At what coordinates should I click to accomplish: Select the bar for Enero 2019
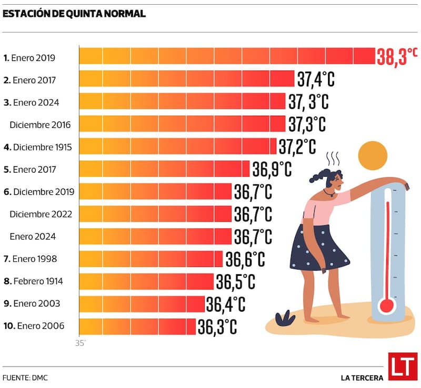point(226,56)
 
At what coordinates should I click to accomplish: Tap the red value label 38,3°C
point(397,56)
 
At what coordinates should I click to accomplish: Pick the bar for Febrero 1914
point(146,281)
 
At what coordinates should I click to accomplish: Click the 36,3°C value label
point(217,326)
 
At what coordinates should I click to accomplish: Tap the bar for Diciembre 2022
point(155,214)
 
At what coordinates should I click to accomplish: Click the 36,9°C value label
point(272,170)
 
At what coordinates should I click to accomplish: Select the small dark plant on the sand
point(285,318)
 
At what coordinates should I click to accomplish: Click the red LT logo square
point(403,366)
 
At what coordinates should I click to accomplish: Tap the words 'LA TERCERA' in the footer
point(362,377)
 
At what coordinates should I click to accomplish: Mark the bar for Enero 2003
point(142,304)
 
